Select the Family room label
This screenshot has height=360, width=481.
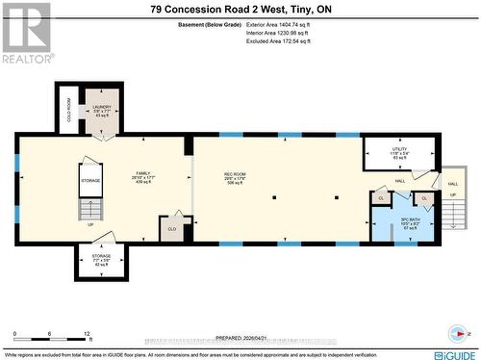(143, 177)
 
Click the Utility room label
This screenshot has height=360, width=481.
(399, 152)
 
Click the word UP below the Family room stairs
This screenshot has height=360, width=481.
(89, 224)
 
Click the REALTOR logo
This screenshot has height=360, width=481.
(26, 34)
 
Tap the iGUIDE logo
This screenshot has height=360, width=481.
(449, 352)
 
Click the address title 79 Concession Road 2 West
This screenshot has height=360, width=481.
(240, 9)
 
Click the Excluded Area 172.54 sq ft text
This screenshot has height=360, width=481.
(293, 41)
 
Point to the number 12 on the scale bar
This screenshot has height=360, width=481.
(89, 333)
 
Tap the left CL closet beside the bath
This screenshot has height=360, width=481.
(381, 198)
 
